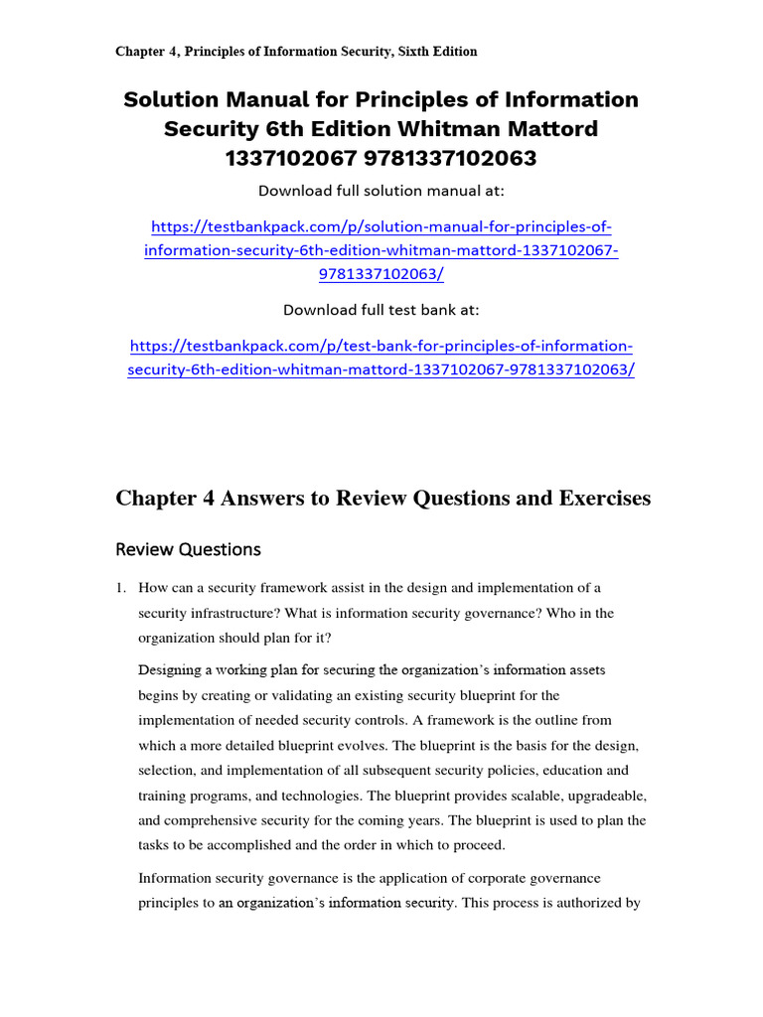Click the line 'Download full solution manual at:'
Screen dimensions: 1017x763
[381, 191]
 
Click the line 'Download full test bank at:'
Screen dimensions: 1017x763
[381, 310]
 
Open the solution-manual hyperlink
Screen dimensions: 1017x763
[381, 251]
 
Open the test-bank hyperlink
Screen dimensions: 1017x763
[381, 358]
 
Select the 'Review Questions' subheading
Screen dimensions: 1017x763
[188, 549]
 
